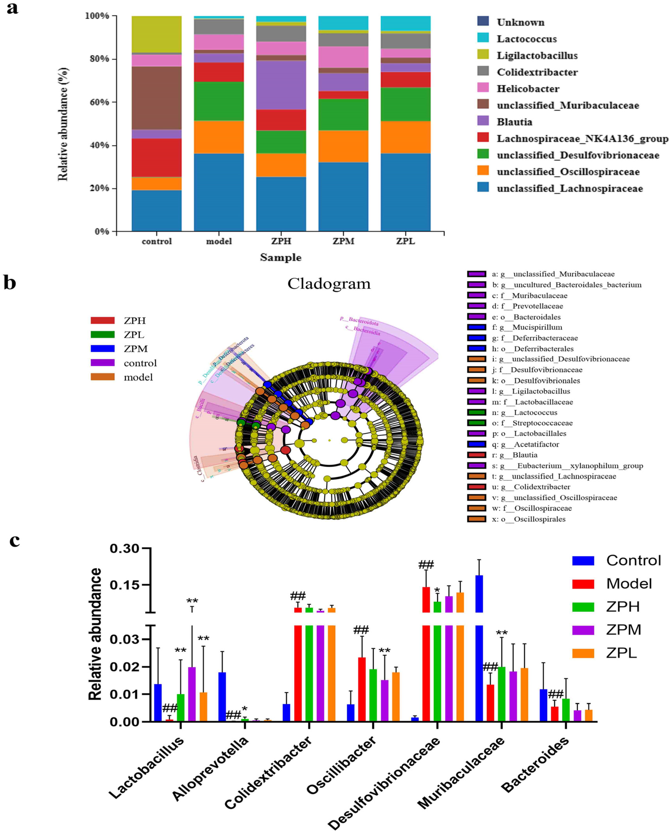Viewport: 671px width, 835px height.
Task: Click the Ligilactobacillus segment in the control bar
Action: click(x=157, y=34)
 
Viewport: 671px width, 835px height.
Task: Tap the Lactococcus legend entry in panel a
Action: click(x=527, y=39)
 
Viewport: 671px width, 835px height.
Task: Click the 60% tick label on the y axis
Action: click(x=97, y=102)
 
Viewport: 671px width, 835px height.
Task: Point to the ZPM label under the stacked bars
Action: click(x=343, y=241)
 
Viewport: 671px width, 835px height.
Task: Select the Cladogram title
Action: click(x=329, y=284)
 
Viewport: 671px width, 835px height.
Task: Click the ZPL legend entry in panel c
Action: click(x=621, y=653)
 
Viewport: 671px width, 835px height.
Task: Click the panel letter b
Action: click(x=10, y=283)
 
